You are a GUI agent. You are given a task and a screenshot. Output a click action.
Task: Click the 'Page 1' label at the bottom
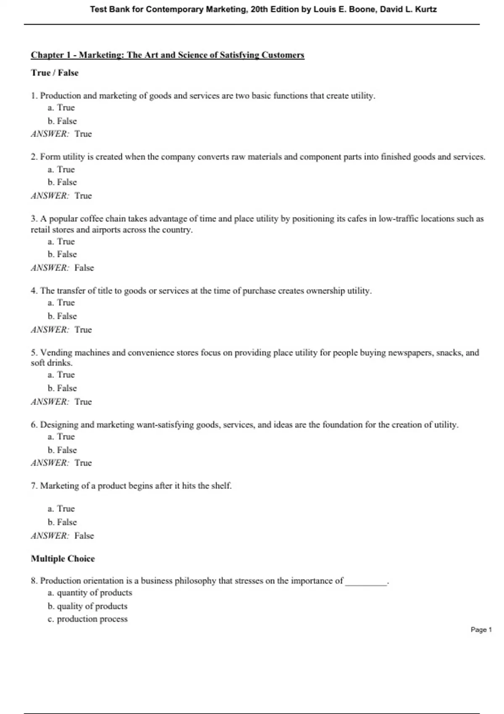point(481,630)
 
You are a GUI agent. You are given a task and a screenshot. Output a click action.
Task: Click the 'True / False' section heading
point(55,73)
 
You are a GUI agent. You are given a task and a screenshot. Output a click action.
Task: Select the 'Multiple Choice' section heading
point(63,559)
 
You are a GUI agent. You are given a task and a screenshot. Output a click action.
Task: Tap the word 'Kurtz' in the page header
point(426,9)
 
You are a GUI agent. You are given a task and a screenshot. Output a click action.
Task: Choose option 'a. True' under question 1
point(61,108)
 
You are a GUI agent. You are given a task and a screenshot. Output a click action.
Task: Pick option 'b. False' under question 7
point(62,522)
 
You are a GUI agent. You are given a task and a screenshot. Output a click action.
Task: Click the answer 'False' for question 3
point(84,268)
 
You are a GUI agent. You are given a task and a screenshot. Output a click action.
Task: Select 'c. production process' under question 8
point(87,619)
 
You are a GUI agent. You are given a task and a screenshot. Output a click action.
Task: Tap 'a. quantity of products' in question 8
point(90,593)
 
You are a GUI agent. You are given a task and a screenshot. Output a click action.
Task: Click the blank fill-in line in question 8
point(365,582)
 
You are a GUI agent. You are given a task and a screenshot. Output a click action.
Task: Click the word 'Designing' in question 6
point(59,425)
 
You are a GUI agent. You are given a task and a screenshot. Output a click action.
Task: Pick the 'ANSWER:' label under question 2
point(50,196)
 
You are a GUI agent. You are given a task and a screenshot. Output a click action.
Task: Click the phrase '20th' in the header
point(259,9)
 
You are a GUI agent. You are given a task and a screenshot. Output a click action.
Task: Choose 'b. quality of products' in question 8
point(87,606)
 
